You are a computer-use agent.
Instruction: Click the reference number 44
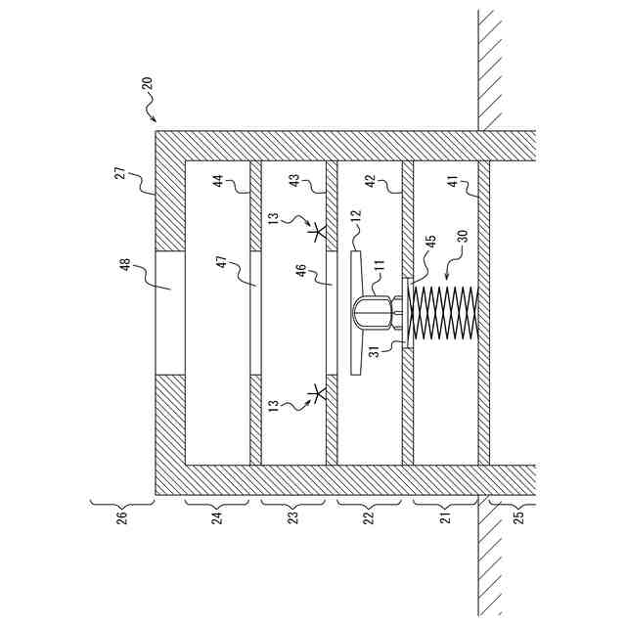[x=219, y=183]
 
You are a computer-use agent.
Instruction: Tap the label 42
[x=371, y=183]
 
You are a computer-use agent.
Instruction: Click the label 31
[x=374, y=353]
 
